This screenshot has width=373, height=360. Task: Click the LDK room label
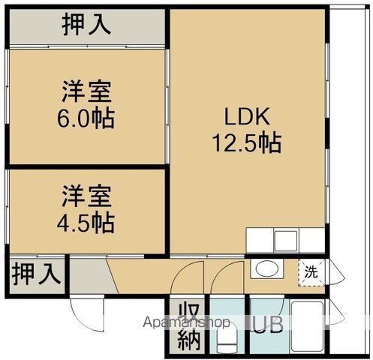click(x=247, y=117)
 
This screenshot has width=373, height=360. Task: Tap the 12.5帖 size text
click(x=247, y=143)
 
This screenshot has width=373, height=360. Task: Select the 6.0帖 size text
click(x=86, y=118)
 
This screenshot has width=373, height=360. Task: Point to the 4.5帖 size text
click(x=86, y=223)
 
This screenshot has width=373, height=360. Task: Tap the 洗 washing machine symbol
click(x=311, y=272)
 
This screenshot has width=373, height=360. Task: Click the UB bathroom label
click(x=268, y=325)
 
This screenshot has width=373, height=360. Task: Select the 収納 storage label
click(x=189, y=326)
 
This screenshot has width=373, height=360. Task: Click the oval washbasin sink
click(x=267, y=268)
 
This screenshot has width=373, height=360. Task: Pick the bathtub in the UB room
click(x=308, y=326)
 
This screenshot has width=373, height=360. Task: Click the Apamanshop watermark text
click(x=187, y=322)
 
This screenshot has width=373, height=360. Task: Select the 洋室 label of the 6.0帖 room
click(x=86, y=91)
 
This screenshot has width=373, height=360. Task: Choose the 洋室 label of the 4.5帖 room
click(x=86, y=196)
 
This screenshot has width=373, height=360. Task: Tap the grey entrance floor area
click(x=90, y=276)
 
